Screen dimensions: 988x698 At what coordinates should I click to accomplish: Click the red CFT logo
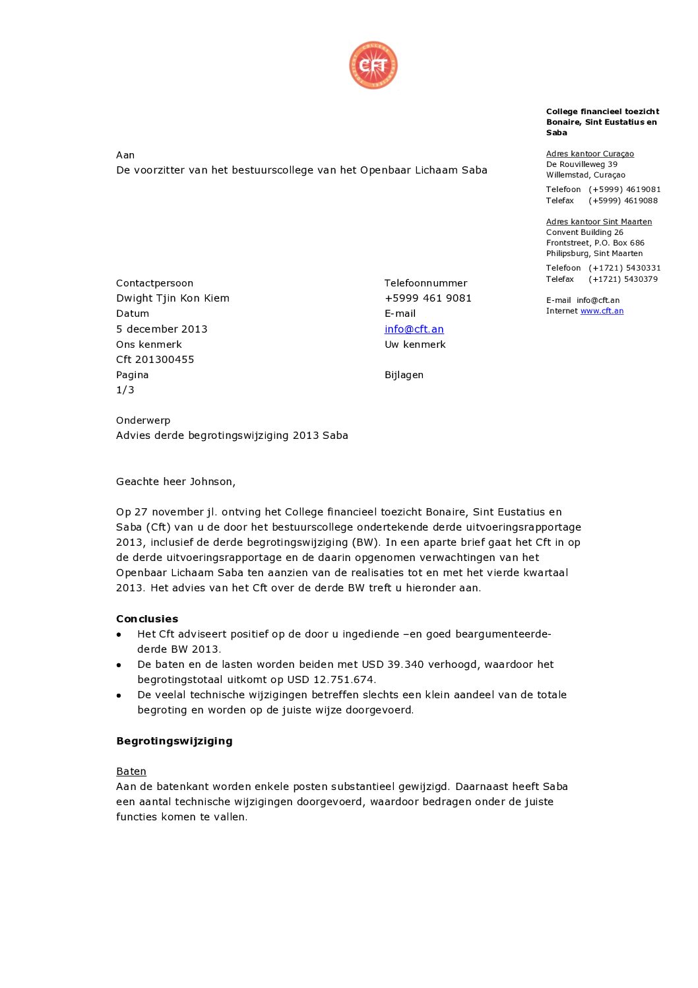(373, 65)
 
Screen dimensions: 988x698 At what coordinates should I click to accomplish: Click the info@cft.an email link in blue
(414, 329)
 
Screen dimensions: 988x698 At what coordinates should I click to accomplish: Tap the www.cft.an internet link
(602, 311)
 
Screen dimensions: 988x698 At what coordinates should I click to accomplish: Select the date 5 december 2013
(162, 329)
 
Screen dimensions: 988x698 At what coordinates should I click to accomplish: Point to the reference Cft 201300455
(155, 359)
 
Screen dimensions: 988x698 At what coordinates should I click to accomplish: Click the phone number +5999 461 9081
(428, 298)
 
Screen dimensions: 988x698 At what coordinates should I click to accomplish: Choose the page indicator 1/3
(125, 389)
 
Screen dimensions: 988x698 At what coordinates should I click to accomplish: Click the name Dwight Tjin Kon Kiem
(173, 298)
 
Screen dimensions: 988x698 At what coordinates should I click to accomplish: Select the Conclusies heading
(147, 618)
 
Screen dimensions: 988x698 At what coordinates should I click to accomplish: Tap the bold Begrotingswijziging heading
(174, 741)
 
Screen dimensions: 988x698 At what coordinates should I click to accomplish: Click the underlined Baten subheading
(131, 771)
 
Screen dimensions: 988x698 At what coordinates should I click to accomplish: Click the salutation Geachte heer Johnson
(175, 481)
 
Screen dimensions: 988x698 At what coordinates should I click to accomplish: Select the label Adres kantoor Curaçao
(590, 154)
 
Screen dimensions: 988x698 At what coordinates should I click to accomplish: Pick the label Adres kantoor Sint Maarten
(598, 222)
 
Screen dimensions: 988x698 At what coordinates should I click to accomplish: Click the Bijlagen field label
(404, 374)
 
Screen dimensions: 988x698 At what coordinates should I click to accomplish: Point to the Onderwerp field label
(143, 420)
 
